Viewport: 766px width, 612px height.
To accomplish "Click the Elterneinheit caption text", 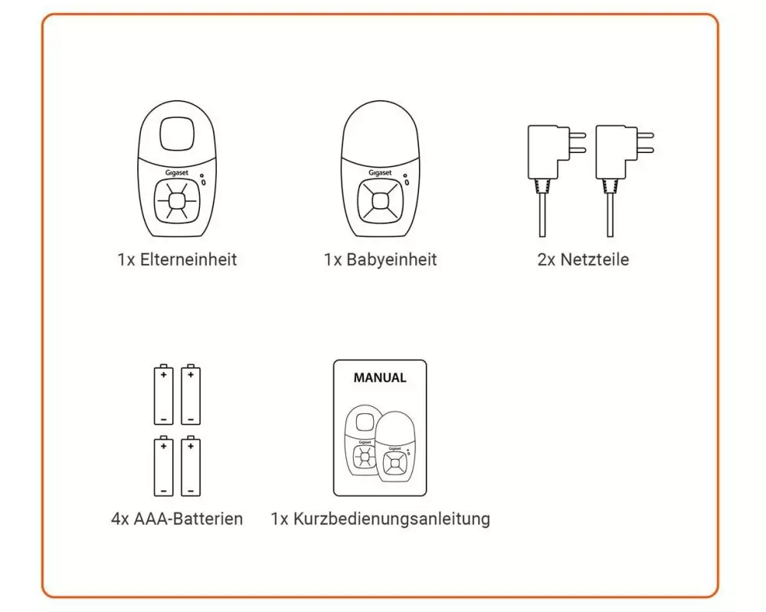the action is (x=177, y=259).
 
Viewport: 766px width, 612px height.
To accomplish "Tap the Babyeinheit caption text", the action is (x=380, y=259).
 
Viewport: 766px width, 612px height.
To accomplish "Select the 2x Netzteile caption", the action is (x=583, y=259).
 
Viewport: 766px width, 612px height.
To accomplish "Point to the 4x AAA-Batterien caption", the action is (x=177, y=519).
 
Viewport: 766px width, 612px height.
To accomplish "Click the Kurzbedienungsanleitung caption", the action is (x=380, y=519).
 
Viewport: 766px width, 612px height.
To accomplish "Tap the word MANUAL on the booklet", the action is (x=380, y=378).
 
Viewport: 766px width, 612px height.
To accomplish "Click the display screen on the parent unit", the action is (x=177, y=134).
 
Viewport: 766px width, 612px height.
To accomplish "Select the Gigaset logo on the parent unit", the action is (x=176, y=173).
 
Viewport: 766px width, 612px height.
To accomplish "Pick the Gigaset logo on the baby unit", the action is (x=380, y=173).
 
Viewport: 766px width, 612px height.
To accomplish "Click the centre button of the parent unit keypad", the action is (x=177, y=200).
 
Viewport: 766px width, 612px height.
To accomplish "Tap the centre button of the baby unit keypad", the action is (x=380, y=200).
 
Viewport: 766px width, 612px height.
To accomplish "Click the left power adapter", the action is (x=555, y=181).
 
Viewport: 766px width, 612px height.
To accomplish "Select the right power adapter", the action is (x=623, y=181).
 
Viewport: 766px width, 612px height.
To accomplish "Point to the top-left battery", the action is (x=164, y=394).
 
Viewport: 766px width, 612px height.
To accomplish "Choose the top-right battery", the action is (x=191, y=394).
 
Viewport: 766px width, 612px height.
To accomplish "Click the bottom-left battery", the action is (x=164, y=466).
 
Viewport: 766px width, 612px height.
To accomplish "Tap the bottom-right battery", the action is (x=191, y=466).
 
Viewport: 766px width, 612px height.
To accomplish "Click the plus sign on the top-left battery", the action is (x=164, y=375).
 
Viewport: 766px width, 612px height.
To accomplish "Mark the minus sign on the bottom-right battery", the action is (x=191, y=490).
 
